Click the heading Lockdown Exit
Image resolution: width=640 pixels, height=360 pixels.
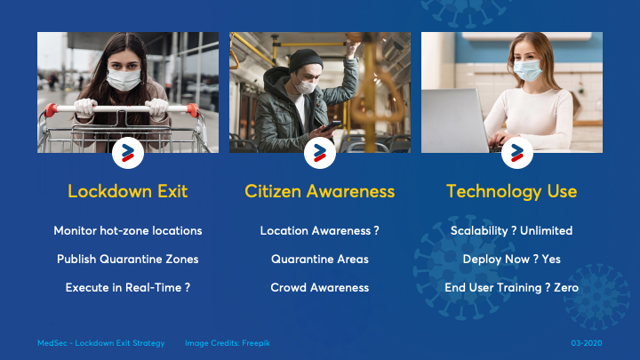tap(128, 191)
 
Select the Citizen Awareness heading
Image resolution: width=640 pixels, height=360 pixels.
tap(320, 191)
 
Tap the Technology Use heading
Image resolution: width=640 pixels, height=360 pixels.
tap(511, 191)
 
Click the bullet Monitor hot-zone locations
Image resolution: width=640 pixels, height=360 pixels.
tap(128, 230)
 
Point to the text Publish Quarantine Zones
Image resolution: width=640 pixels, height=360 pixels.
tap(128, 260)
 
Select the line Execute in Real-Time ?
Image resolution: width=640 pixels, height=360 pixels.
tap(128, 288)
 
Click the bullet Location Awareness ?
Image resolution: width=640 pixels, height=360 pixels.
tap(320, 230)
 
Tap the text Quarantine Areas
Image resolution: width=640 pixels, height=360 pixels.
tap(320, 260)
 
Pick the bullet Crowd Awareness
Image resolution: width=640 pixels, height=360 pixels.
tap(320, 288)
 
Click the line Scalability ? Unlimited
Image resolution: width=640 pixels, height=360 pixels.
tap(511, 230)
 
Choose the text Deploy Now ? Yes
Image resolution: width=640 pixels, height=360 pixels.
tap(511, 260)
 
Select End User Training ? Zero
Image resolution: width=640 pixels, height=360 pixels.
tap(511, 288)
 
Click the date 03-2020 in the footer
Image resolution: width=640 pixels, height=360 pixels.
tap(587, 343)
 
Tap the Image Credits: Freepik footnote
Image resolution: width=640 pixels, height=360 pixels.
tap(228, 343)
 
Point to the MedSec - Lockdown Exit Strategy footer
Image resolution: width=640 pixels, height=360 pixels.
tap(100, 343)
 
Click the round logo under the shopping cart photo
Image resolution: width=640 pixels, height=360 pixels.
tap(128, 153)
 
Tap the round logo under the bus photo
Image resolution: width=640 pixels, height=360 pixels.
tap(320, 153)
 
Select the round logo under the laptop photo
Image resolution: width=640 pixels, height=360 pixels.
tap(517, 153)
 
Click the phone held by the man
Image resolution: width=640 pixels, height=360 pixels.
tap(331, 126)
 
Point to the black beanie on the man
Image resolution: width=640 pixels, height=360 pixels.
tap(305, 60)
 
